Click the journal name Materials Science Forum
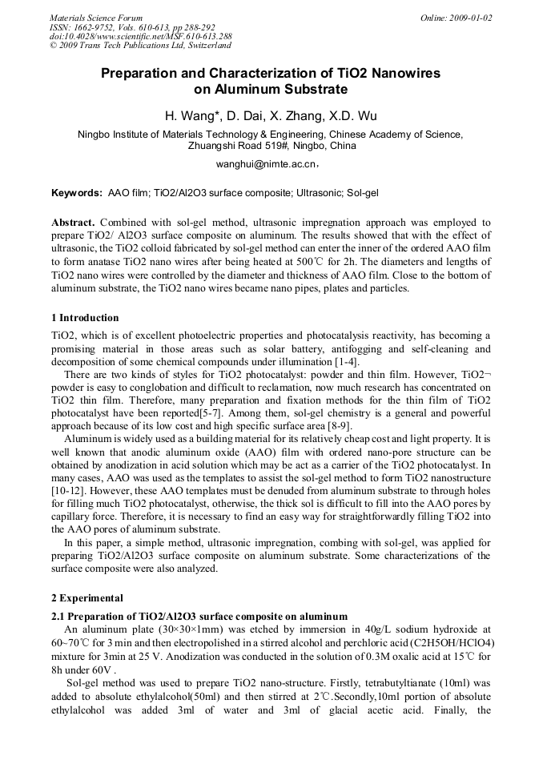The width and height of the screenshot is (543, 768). click(96, 18)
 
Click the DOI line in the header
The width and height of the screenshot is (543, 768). click(140, 36)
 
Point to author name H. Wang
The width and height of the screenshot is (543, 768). click(193, 116)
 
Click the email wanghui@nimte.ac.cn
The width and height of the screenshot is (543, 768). click(267, 163)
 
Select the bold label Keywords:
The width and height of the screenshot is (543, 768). click(77, 194)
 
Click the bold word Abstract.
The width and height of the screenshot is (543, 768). click(74, 222)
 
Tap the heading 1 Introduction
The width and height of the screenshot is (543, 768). click(85, 318)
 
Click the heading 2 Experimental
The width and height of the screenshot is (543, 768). click(87, 598)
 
